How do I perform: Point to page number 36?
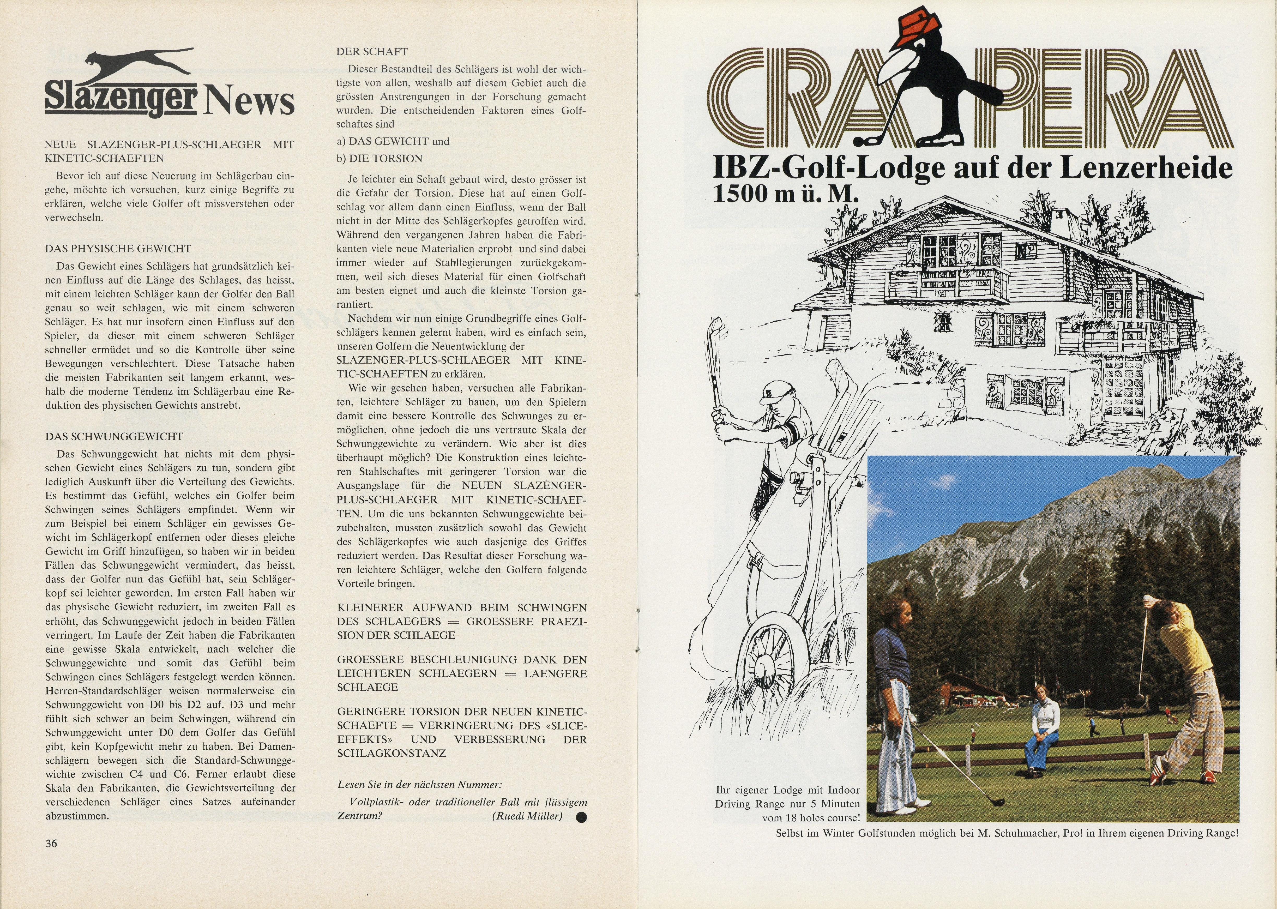coord(51,844)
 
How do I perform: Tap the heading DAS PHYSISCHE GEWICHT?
coord(118,249)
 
